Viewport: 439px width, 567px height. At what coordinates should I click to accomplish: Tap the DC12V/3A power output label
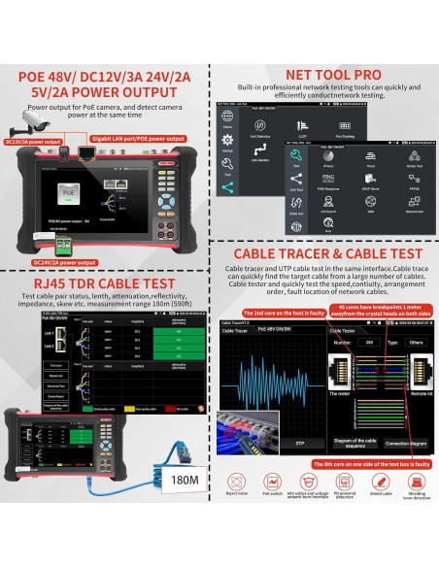[x=28, y=141]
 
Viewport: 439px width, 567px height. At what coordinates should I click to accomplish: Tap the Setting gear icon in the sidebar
[x=227, y=144]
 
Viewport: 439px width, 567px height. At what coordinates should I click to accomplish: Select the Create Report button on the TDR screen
[x=55, y=395]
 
